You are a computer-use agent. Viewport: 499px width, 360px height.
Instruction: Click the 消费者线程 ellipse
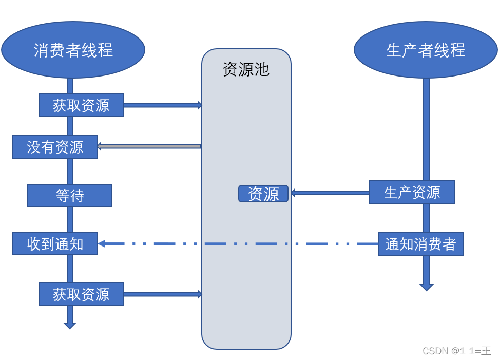click(x=73, y=50)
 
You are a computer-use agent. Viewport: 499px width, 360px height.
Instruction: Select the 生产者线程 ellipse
click(x=426, y=50)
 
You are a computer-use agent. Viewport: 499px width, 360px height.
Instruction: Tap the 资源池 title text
click(x=246, y=69)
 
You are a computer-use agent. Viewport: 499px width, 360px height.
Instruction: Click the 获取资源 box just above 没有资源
click(x=81, y=105)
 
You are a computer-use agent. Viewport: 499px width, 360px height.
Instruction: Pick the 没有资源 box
click(x=55, y=147)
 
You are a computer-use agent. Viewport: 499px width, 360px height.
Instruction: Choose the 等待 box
click(x=70, y=196)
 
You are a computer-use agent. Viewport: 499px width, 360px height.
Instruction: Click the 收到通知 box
click(x=55, y=243)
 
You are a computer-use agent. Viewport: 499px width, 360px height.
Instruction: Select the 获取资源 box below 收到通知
click(x=81, y=294)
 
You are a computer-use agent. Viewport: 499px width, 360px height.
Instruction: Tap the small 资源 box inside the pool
click(x=263, y=194)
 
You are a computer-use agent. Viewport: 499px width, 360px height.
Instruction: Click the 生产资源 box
click(x=412, y=192)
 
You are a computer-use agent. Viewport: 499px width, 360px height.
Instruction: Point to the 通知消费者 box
click(x=420, y=244)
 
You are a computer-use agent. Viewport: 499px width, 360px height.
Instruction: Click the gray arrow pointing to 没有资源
click(x=149, y=146)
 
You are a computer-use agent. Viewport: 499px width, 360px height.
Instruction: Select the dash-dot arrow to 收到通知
click(x=236, y=244)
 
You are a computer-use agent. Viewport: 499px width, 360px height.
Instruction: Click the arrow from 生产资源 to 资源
click(x=330, y=193)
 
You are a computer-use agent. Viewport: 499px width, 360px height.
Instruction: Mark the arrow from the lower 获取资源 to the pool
click(x=162, y=294)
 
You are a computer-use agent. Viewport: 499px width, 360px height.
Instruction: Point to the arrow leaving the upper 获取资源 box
click(x=162, y=105)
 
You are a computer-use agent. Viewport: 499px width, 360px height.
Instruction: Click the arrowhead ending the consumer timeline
click(x=70, y=325)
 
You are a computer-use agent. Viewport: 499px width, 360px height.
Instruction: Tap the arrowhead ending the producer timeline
click(x=427, y=287)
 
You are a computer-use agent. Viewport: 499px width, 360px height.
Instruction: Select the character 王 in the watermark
click(x=486, y=351)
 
